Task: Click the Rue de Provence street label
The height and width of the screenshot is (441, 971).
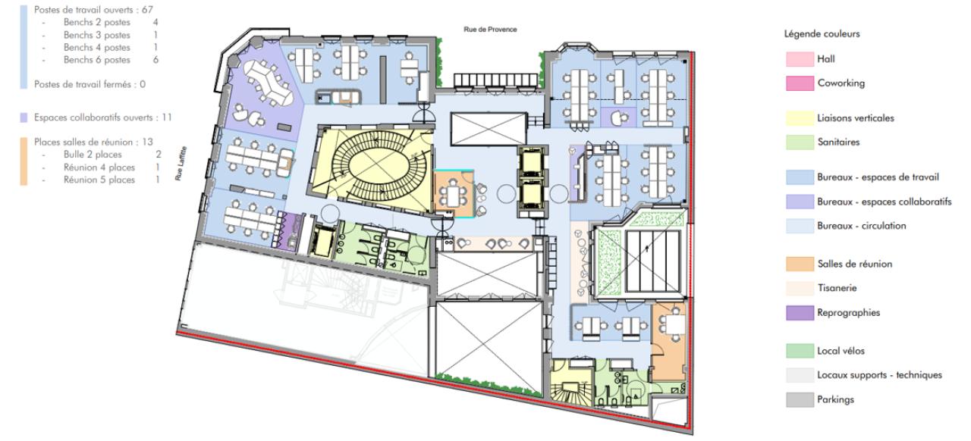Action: click(490, 30)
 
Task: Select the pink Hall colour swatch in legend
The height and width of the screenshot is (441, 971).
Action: click(798, 59)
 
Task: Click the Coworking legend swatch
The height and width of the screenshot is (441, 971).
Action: click(798, 83)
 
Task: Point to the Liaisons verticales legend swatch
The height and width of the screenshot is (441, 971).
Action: click(798, 118)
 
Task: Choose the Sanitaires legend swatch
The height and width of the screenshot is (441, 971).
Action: click(798, 142)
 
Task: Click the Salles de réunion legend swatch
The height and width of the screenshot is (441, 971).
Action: click(798, 264)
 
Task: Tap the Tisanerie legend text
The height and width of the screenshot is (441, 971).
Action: click(837, 288)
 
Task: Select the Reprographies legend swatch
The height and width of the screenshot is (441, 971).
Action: click(798, 312)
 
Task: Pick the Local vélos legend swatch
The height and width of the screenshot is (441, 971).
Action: click(798, 351)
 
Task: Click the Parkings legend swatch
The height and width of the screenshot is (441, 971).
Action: click(798, 399)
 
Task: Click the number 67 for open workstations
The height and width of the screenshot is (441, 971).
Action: click(148, 10)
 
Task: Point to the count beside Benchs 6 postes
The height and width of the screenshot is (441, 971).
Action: click(156, 60)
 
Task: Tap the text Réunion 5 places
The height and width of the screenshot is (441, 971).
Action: click(99, 180)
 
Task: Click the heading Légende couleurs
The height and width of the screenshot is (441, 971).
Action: click(822, 34)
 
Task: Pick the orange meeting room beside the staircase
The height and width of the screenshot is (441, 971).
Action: click(453, 195)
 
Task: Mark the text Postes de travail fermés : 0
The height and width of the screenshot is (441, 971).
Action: click(90, 84)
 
